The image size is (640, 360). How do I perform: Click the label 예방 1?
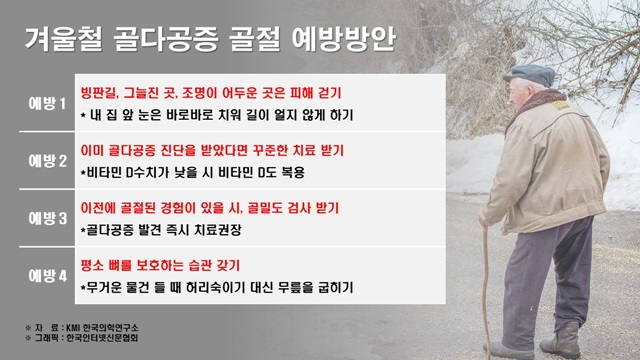47,103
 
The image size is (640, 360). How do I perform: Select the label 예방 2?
47,160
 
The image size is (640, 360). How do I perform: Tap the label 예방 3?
47,217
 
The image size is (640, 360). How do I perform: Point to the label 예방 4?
47,274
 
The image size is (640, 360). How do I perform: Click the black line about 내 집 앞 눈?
216,115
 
